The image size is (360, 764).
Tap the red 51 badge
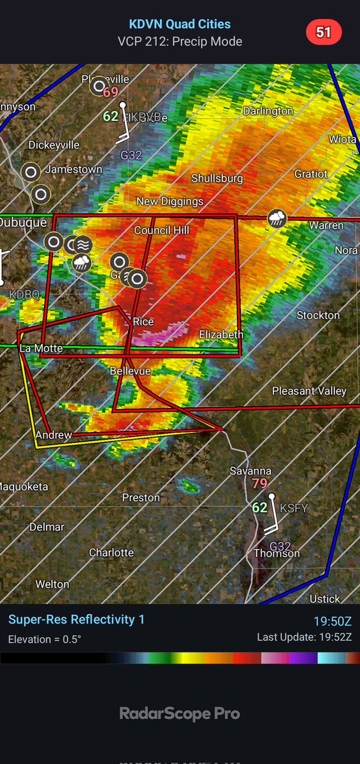tap(324, 32)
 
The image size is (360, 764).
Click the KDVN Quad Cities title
tap(180, 24)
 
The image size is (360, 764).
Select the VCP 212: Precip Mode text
tap(180, 41)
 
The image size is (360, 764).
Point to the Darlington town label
tap(268, 111)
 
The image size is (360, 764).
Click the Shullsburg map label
tap(217, 178)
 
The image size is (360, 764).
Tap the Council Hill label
tap(161, 230)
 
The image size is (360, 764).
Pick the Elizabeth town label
tap(221, 335)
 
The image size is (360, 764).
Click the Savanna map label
tap(251, 471)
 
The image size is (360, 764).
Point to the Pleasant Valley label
tap(309, 391)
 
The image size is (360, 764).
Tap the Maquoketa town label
tap(24, 486)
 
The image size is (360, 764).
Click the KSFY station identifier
tap(293, 508)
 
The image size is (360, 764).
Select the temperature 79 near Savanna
tap(259, 484)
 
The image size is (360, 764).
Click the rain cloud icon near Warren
tap(277, 219)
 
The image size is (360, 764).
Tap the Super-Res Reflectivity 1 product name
tap(76, 619)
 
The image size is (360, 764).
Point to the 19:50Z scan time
tap(332, 621)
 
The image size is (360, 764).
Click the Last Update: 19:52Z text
tap(305, 637)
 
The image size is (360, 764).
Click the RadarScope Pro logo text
tap(180, 714)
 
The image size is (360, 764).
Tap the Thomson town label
tap(277, 553)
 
